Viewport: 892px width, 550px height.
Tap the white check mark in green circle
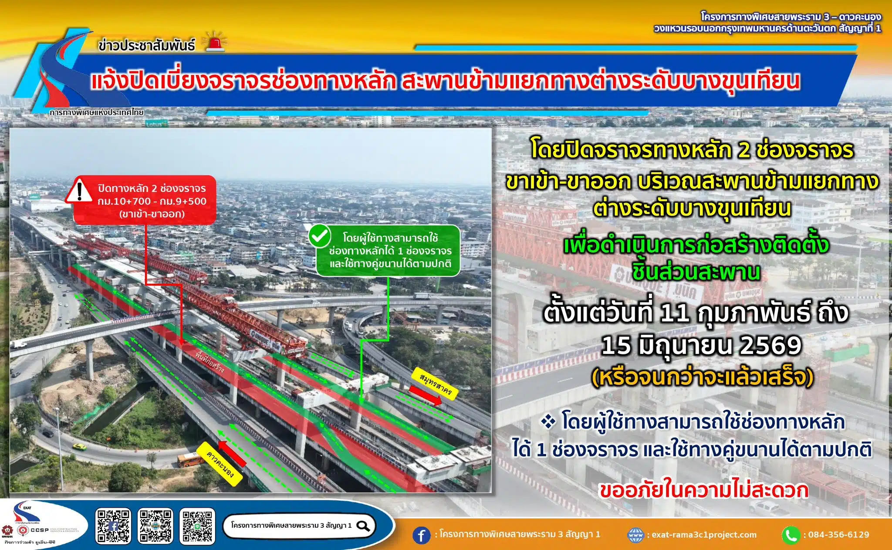tap(320, 236)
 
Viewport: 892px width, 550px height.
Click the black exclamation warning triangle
tap(79, 191)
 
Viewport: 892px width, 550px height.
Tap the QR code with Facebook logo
tap(113, 526)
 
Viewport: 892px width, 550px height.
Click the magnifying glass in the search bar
tap(363, 526)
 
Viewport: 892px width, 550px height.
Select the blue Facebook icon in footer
tap(421, 535)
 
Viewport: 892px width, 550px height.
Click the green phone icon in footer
tap(791, 535)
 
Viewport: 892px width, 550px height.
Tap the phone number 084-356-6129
tap(838, 535)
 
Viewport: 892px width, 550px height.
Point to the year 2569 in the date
tap(770, 346)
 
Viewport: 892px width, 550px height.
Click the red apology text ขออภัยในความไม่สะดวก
tap(704, 490)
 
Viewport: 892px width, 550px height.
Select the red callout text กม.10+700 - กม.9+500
tap(152, 201)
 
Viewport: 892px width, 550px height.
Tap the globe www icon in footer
tap(635, 535)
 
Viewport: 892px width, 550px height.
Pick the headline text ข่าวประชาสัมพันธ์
tap(146, 45)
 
